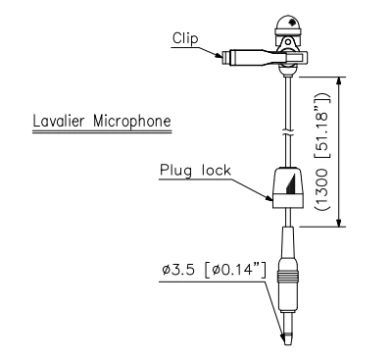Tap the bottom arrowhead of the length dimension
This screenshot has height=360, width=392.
(340, 224)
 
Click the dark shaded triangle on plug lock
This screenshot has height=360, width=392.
(292, 182)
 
